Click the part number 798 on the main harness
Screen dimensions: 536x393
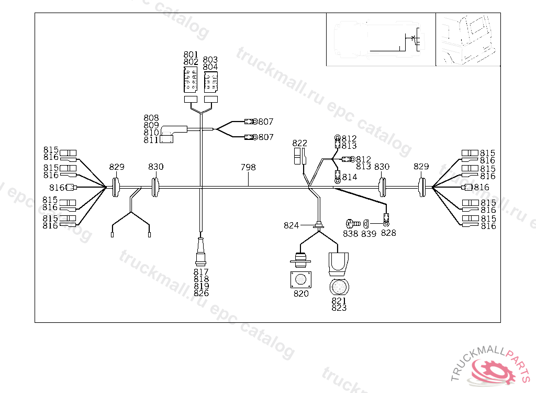click(248, 167)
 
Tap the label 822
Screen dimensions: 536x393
click(300, 143)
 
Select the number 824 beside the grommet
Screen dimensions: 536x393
click(291, 225)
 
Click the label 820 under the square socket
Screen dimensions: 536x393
click(301, 293)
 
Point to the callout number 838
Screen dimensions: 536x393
click(351, 234)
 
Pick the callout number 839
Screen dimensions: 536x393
click(368, 234)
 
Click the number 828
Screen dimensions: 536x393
click(388, 233)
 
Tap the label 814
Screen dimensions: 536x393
click(349, 177)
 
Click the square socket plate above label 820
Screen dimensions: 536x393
click(301, 279)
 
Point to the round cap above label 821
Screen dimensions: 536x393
click(339, 288)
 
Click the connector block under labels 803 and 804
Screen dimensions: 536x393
click(210, 82)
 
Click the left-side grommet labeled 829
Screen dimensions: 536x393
click(116, 187)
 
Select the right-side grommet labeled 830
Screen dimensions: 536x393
click(382, 187)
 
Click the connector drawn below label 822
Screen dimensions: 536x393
click(299, 157)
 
